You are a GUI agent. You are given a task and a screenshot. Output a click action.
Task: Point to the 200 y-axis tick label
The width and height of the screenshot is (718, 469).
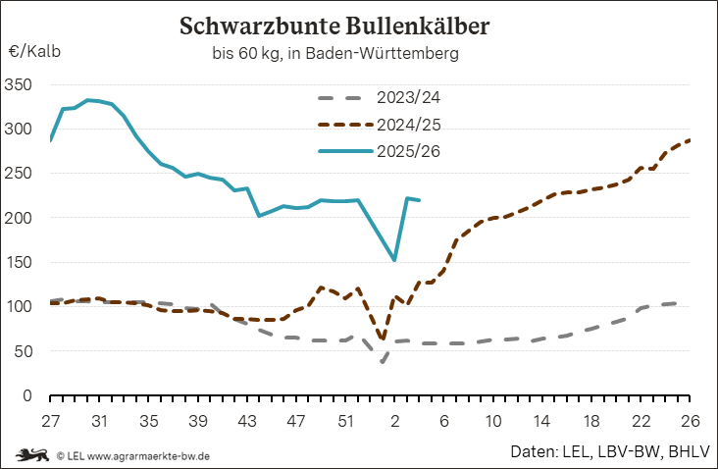tap(21, 218)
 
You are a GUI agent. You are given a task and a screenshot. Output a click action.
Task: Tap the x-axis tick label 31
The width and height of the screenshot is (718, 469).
tap(99, 420)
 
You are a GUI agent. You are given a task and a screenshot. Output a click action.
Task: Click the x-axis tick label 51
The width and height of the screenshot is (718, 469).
tap(345, 420)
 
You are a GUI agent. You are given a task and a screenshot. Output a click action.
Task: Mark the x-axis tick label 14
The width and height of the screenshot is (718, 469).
tap(542, 420)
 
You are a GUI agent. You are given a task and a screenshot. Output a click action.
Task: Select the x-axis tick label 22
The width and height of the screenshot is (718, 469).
tap(641, 420)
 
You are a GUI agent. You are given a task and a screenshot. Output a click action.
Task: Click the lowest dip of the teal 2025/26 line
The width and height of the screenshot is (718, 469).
tap(394, 260)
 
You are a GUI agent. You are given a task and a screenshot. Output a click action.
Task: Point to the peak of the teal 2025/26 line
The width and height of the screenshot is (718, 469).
tap(88, 100)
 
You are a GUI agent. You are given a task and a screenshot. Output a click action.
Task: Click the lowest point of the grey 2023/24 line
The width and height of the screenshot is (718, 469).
tap(383, 361)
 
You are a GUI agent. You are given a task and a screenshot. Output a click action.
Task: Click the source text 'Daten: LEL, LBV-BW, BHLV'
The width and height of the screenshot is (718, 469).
tap(608, 453)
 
